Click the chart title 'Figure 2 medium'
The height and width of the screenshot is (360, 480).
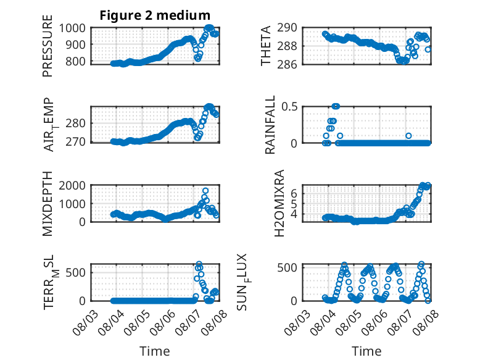point(155,15)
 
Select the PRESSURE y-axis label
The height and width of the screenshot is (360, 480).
point(48,46)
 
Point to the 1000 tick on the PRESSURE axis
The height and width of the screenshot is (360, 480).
point(72,28)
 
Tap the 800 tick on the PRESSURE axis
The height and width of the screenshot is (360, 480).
point(75,61)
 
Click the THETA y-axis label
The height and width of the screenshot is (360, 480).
point(266,46)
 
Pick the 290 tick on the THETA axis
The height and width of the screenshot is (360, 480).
point(287,28)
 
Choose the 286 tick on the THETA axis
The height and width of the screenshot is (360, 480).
point(287,64)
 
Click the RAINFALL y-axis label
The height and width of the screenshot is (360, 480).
point(270,125)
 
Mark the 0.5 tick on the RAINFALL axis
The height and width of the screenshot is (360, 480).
point(289,107)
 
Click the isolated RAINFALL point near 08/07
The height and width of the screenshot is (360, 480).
point(408,136)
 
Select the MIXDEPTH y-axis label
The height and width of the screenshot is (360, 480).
point(48,204)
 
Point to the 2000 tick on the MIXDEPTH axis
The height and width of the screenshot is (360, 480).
point(72,185)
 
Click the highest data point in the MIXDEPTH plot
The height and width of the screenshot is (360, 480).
point(205,191)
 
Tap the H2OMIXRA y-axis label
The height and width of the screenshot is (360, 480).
point(279,203)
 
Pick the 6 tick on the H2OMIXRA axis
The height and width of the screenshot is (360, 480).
point(294,194)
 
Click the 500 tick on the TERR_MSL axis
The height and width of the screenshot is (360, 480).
point(76,272)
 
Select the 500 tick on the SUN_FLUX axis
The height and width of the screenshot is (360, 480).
point(287,267)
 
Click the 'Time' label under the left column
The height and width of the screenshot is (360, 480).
point(155,351)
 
